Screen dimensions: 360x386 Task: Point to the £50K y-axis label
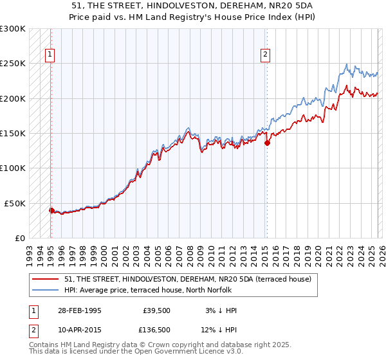point(15,203)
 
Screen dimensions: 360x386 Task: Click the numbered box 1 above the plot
point(50,55)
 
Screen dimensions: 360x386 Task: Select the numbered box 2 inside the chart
point(265,55)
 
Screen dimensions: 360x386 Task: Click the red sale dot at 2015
point(267,143)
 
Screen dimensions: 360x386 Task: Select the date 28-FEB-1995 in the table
point(80,310)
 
